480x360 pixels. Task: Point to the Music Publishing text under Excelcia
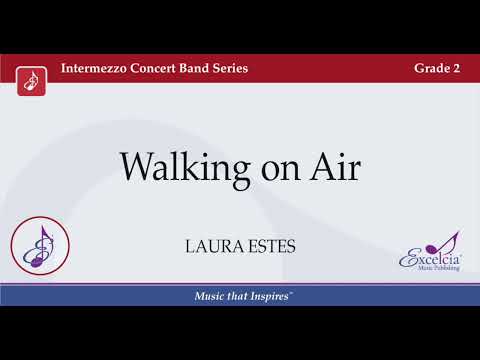point(432,270)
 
